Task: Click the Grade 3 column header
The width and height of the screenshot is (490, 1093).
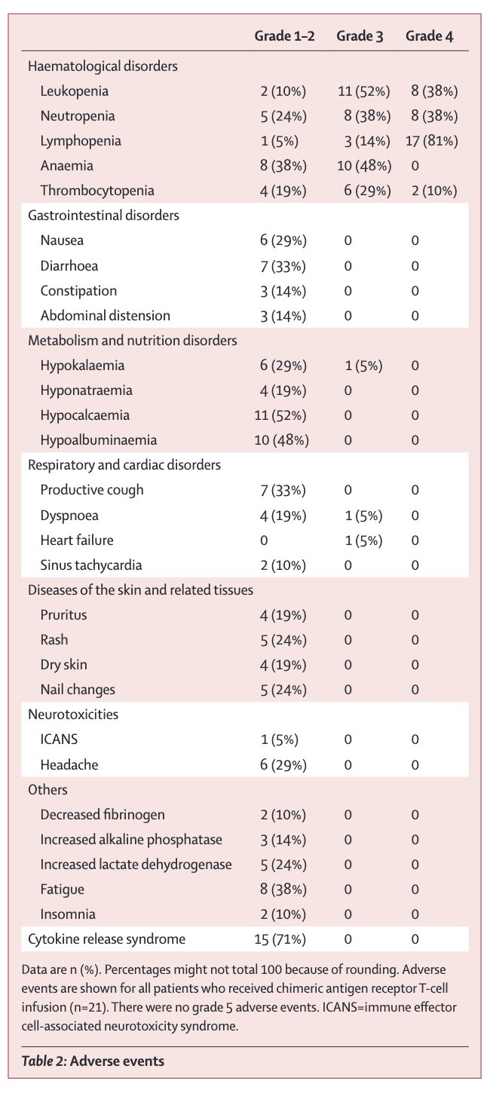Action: [360, 36]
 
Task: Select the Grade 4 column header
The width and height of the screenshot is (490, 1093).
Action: [429, 36]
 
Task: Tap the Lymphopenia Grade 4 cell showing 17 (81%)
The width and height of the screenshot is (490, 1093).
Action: [431, 141]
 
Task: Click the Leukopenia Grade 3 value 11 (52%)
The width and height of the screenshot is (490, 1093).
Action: [363, 91]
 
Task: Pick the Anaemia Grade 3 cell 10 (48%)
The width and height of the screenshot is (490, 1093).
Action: [364, 166]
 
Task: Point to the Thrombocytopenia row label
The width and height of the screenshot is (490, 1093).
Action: [97, 190]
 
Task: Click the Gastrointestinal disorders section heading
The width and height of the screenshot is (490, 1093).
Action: [103, 215]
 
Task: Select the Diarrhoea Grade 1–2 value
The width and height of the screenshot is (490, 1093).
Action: [283, 266]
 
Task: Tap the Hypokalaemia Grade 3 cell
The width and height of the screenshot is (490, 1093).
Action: [363, 366]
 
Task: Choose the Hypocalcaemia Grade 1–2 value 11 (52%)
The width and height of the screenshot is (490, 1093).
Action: [280, 415]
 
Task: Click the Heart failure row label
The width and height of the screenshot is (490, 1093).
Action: [77, 540]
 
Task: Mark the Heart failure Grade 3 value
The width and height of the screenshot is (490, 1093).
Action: [363, 540]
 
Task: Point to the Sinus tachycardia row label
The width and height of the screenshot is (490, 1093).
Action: [91, 565]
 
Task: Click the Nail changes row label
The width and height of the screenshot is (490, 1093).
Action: [78, 690]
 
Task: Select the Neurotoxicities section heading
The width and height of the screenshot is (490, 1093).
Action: [73, 715]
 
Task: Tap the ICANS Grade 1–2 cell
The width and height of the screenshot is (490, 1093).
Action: [279, 739]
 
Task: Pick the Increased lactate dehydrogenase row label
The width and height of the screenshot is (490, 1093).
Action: [136, 864]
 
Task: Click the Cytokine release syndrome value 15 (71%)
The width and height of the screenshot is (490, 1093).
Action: [280, 939]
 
